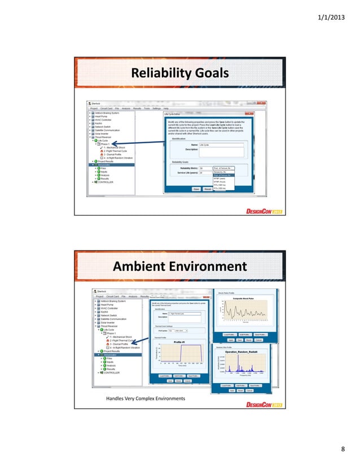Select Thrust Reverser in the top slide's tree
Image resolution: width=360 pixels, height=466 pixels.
(x=104, y=136)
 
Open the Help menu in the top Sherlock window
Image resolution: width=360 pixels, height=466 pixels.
(x=166, y=108)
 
